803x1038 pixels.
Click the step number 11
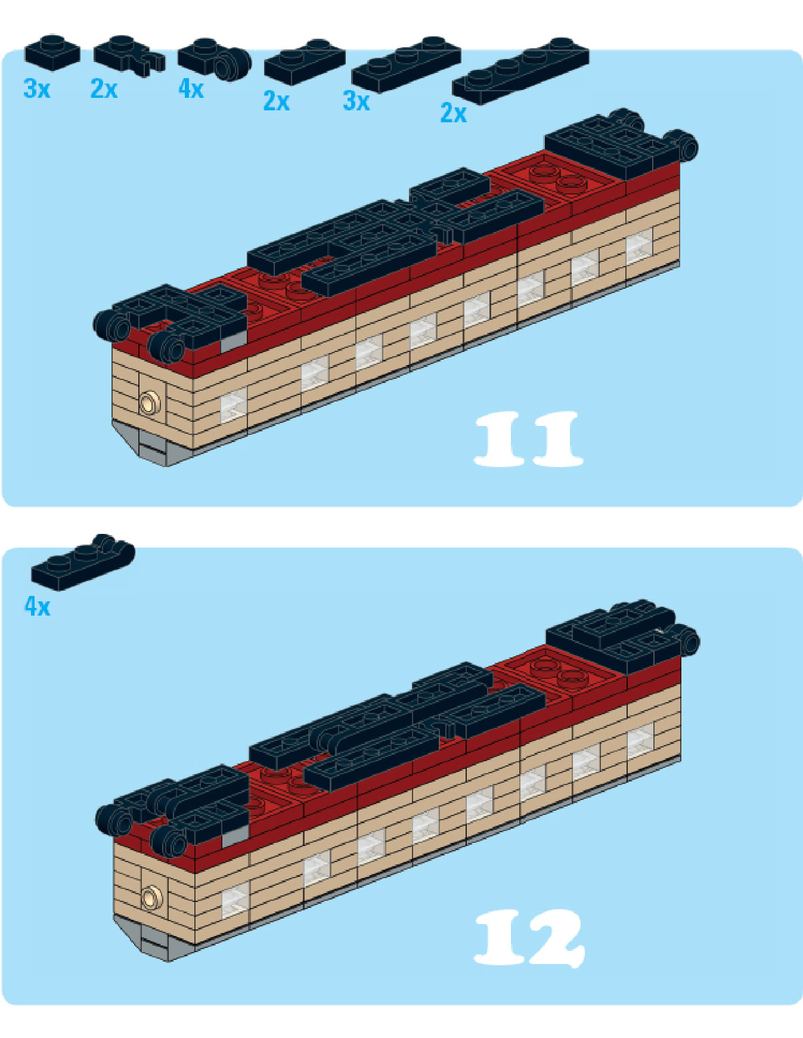coord(528,438)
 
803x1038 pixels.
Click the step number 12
coord(529,937)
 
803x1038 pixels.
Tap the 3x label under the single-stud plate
coord(37,89)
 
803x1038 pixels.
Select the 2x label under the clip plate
coord(104,89)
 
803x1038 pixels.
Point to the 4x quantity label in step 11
coord(191,89)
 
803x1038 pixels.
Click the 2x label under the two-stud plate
coord(277,101)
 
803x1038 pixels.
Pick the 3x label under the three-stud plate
coord(356,101)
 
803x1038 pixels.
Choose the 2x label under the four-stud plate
coord(454,113)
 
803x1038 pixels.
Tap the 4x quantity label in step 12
coord(37,606)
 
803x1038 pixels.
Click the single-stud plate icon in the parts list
coord(52,52)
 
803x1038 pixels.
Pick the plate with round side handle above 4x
coord(215,58)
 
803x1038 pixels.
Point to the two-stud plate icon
coord(305,61)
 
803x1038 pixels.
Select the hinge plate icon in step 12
coord(83,563)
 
